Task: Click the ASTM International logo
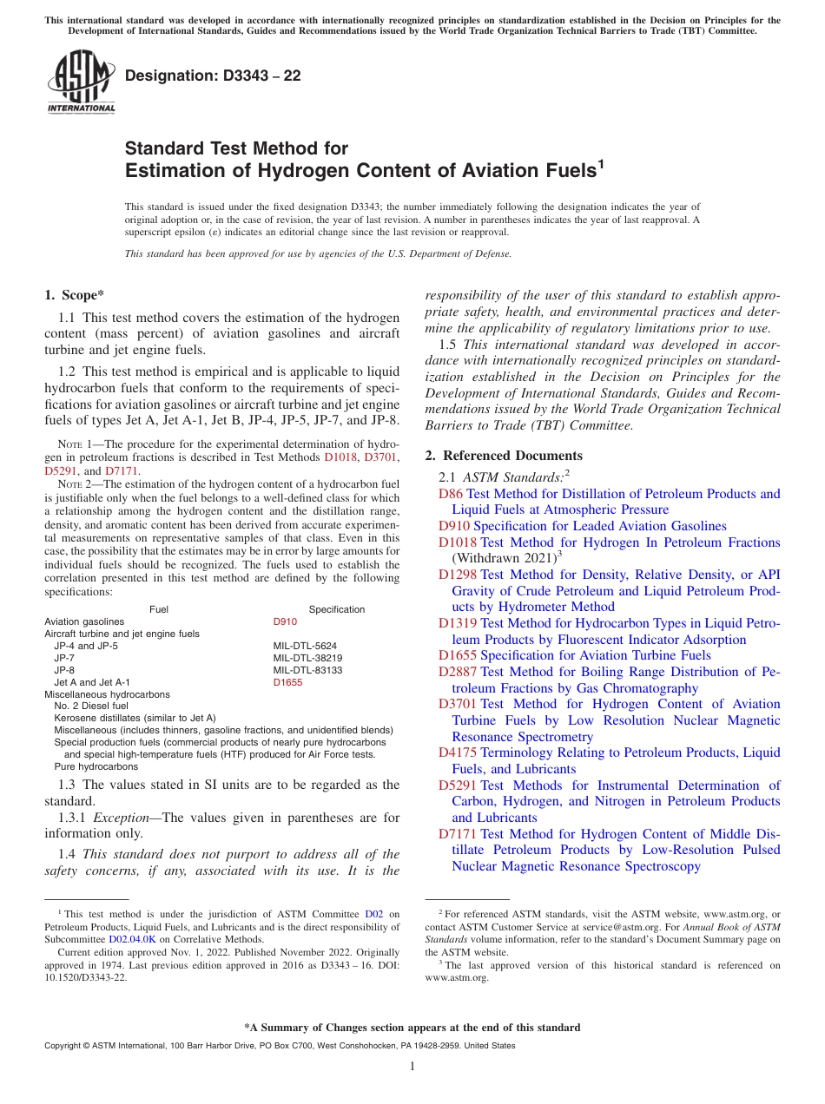81,82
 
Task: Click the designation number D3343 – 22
213,76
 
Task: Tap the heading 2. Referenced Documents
504,456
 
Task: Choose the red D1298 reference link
457,575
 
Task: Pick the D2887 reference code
457,672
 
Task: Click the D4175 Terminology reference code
457,752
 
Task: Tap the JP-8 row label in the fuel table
64,670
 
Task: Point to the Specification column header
336,609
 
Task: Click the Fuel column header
159,609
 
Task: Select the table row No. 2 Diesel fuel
90,706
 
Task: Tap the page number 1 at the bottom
412,1066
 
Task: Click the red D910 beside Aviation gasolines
285,621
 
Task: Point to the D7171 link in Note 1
122,471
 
